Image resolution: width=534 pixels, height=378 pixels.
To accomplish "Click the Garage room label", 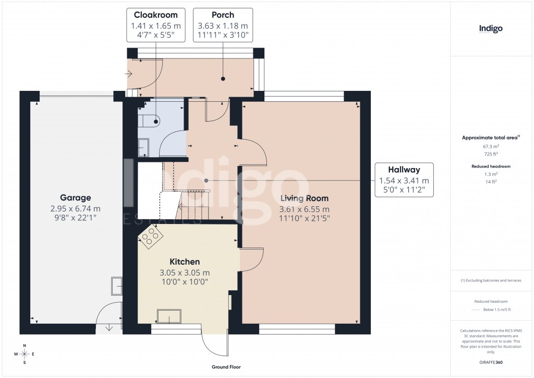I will [75, 198].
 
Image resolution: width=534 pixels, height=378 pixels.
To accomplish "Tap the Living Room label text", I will [304, 198].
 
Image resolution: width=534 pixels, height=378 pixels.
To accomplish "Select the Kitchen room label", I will [184, 262].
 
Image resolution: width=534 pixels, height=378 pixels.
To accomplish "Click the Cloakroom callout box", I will [155, 25].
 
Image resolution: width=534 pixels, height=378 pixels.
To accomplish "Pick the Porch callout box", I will [223, 25].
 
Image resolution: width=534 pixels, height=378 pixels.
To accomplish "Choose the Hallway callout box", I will [404, 180].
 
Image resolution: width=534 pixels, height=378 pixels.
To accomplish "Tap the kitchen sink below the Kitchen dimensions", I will [169, 316].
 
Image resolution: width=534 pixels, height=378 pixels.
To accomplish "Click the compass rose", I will [23, 354].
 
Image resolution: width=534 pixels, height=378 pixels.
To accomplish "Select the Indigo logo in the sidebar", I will [490, 29].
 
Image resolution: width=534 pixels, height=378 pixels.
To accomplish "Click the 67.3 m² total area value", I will [490, 147].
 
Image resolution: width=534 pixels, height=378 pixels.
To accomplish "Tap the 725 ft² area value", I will [490, 155].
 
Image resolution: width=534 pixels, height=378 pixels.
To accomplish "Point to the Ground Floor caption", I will [226, 367].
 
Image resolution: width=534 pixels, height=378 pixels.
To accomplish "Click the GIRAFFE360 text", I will [490, 362].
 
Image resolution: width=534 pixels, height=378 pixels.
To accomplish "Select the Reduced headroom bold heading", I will [490, 166].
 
